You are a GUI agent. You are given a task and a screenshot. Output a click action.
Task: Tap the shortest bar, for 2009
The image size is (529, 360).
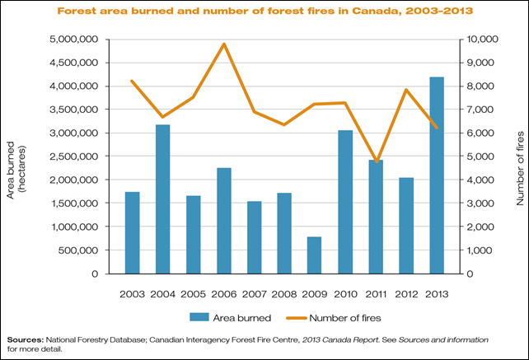tap(315, 255)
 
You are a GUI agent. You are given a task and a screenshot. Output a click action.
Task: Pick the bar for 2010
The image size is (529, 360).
tap(345, 202)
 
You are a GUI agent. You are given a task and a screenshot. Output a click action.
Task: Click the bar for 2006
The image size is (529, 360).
tap(223, 221)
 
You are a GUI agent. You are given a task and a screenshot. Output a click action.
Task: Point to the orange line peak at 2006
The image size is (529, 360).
tap(223, 44)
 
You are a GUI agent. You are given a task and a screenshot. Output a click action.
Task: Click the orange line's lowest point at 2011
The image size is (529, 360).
tap(376, 161)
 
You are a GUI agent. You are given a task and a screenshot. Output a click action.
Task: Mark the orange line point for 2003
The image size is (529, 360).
tap(132, 81)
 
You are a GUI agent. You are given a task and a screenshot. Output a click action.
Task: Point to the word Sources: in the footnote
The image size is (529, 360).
tap(24, 339)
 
